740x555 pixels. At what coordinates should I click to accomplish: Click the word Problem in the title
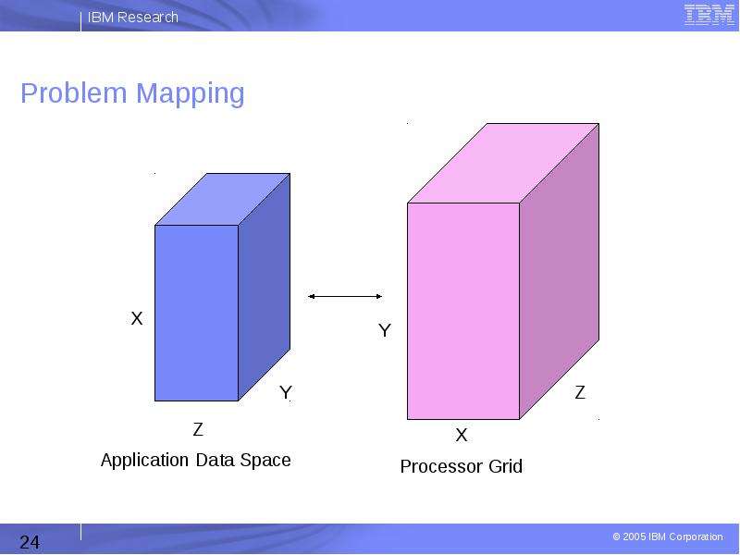tap(74, 92)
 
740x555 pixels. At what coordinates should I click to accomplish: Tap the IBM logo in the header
tap(709, 15)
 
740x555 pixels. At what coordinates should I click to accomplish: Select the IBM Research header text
tap(133, 18)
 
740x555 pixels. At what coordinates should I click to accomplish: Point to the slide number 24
tap(30, 542)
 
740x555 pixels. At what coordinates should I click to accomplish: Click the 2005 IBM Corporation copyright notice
tap(668, 536)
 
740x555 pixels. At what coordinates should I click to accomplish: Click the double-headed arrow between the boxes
tap(345, 296)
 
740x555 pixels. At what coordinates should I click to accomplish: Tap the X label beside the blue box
tap(137, 318)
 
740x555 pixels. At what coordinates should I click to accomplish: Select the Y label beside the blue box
tap(286, 392)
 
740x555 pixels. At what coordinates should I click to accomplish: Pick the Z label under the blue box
tap(198, 429)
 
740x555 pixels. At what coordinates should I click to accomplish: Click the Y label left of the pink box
tap(385, 330)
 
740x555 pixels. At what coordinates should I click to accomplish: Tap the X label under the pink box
tap(462, 435)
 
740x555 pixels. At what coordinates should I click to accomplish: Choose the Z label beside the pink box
tap(580, 392)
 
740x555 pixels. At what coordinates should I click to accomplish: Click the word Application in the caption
tap(145, 461)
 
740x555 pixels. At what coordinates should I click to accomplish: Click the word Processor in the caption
tap(442, 467)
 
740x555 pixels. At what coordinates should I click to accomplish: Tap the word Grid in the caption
tap(505, 467)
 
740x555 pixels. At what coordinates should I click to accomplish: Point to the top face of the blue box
tap(222, 199)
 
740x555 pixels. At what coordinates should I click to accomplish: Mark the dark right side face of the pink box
tap(560, 271)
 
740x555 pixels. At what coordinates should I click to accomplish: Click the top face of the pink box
tap(503, 164)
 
